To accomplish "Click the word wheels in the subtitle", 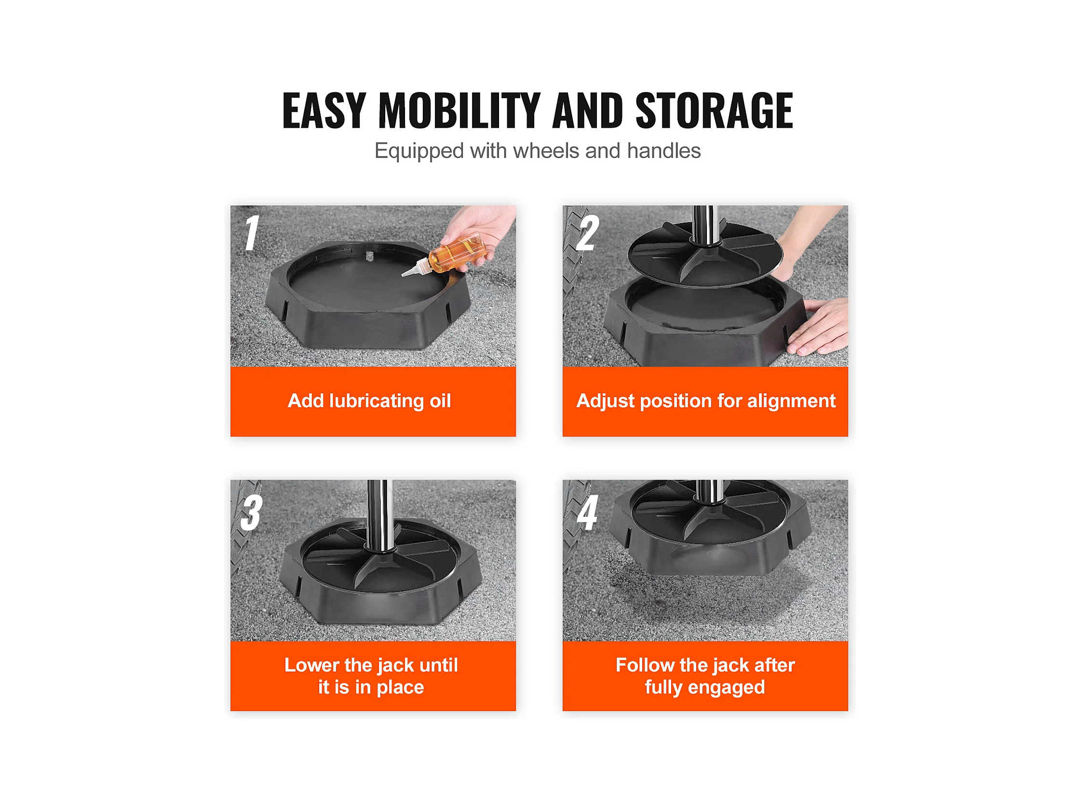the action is (546, 151).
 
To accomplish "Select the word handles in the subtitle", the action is (663, 151).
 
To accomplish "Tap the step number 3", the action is (252, 512).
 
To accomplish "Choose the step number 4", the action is (587, 512).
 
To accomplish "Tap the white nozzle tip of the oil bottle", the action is (405, 274).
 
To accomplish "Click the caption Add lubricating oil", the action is (369, 401).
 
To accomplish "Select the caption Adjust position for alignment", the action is (706, 401).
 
